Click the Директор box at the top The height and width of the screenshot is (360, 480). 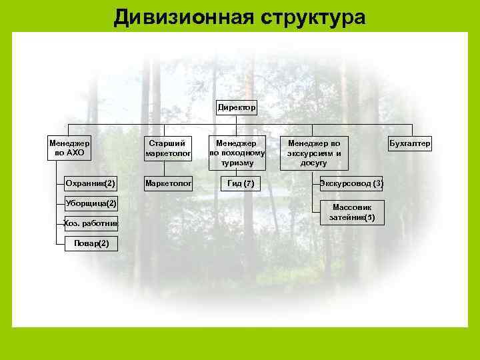tap(236, 107)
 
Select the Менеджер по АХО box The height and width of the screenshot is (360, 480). tap(69, 147)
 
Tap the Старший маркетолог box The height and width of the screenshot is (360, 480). tap(169, 149)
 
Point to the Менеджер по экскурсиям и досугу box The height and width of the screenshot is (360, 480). tap(313, 152)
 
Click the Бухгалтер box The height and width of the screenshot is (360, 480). tap(410, 143)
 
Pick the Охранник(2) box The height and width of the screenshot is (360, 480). tap(91, 183)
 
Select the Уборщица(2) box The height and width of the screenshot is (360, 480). tap(91, 203)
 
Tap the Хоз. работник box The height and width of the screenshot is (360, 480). tap(91, 223)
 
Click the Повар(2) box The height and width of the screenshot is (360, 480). tap(91, 243)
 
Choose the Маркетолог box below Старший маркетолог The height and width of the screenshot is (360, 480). tap(169, 182)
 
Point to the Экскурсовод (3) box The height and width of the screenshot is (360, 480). tap(351, 183)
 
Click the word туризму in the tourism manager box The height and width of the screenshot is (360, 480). tap(237, 162)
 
